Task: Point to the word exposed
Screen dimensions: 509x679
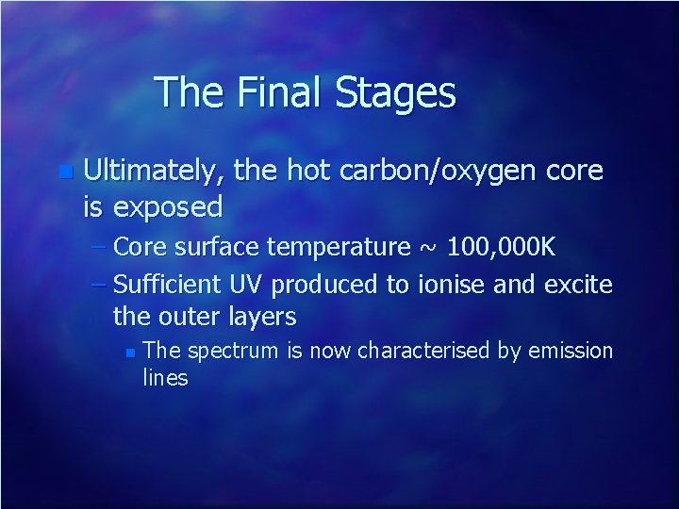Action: (167, 205)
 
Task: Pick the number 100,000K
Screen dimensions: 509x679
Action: (502, 248)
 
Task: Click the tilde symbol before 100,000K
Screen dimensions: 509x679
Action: (428, 249)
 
